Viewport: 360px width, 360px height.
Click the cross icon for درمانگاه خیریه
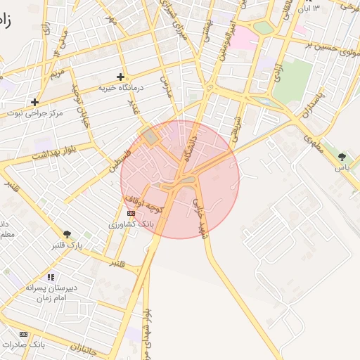point(120,77)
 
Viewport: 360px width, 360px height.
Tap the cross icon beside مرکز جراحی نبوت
point(34,102)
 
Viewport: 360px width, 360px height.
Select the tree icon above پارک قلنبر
point(67,234)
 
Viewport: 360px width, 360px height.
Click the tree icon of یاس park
point(342,157)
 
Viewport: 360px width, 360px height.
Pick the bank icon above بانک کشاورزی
point(131,212)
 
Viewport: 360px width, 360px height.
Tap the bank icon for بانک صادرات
point(24,334)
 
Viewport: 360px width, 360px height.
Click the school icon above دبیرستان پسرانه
point(50,277)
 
